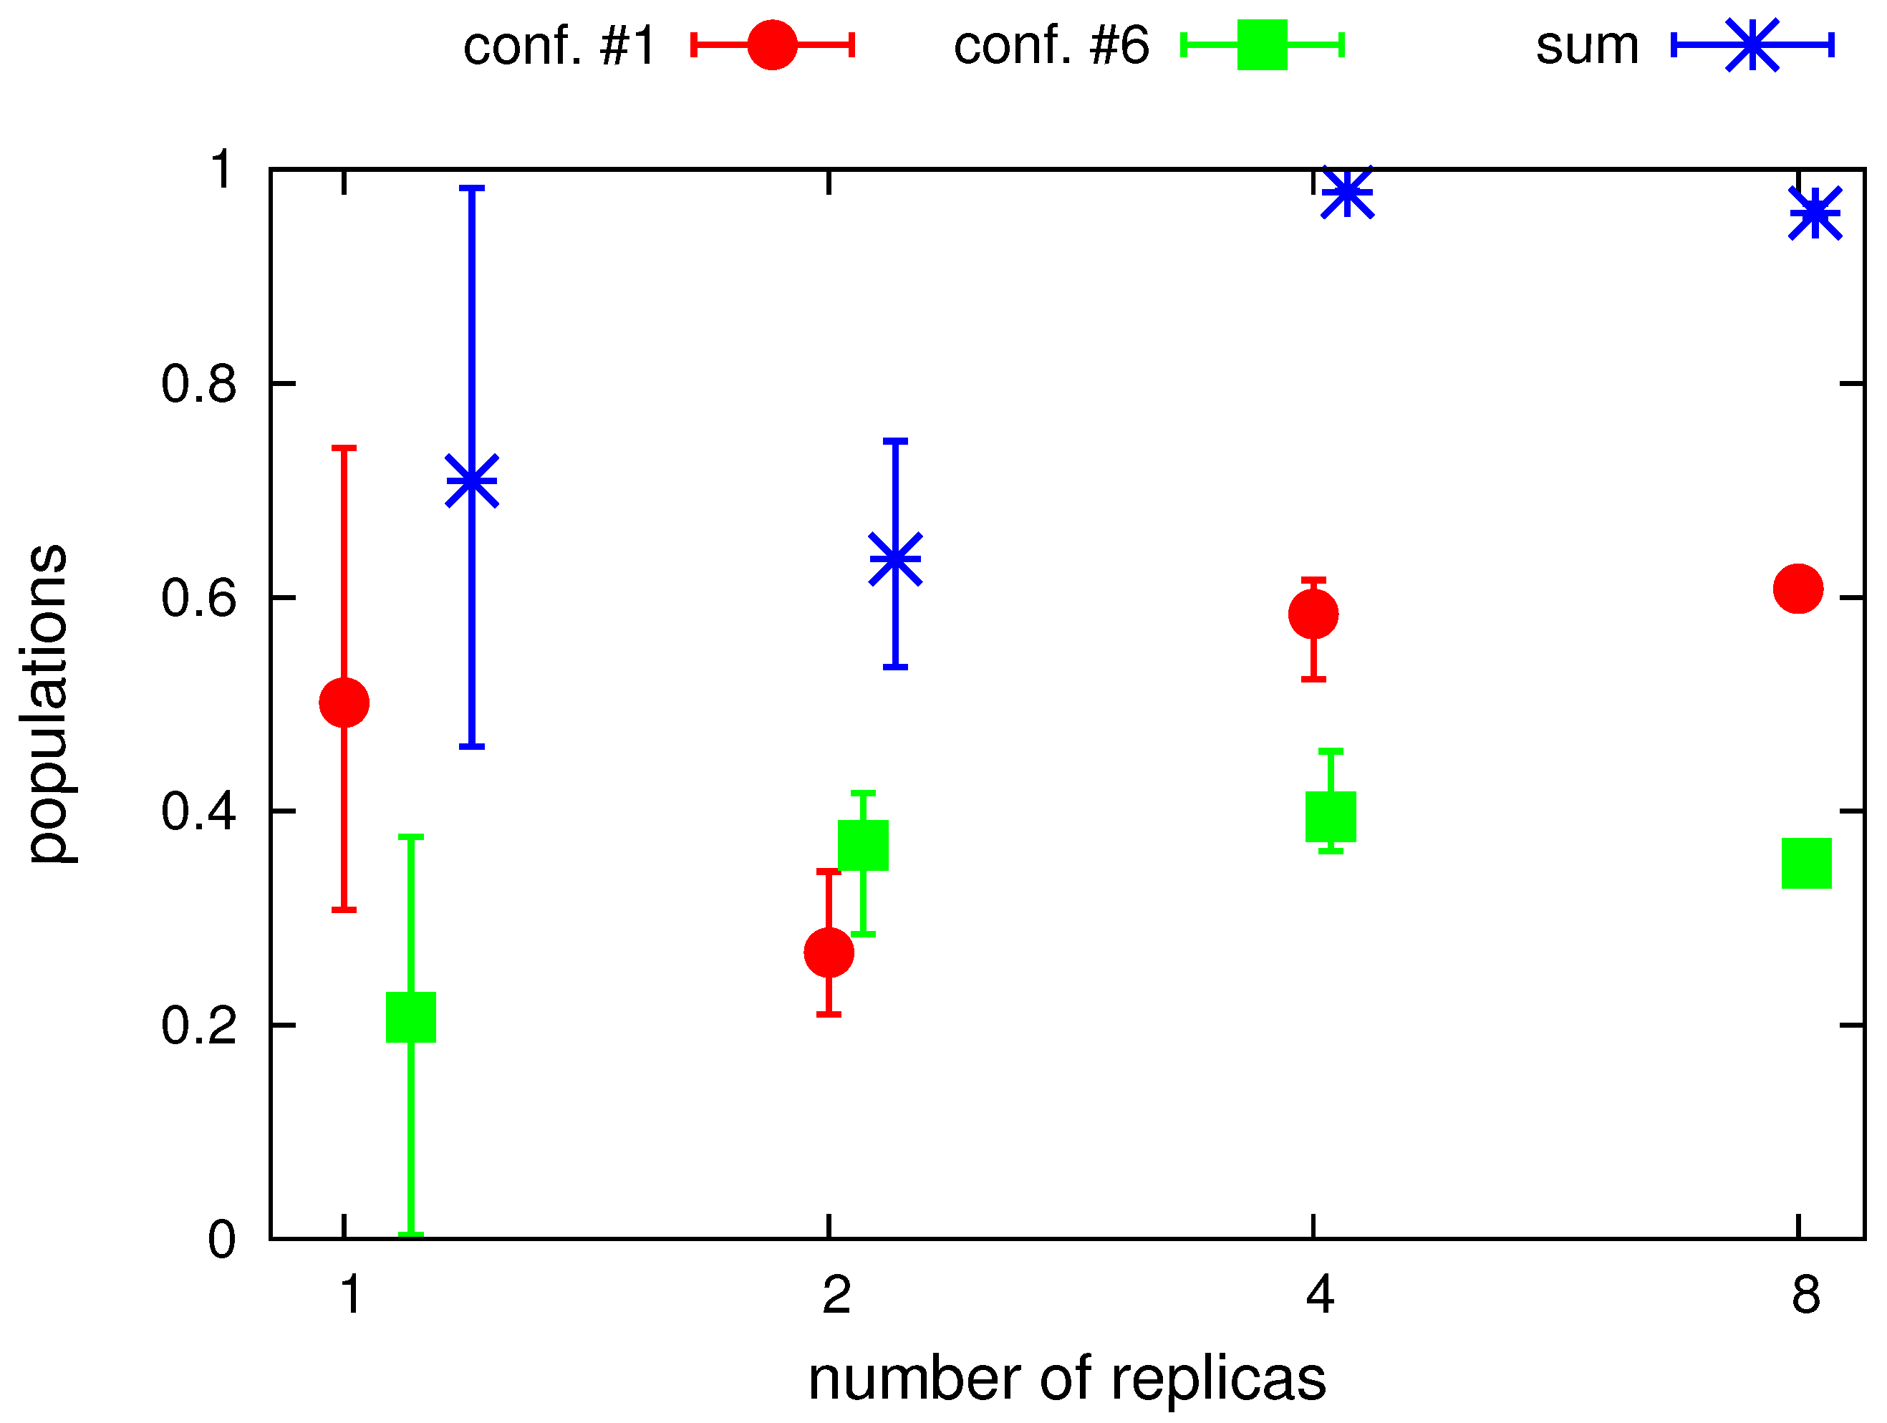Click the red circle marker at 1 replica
point(344,703)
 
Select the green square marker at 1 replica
point(411,1017)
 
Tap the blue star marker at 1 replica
point(472,481)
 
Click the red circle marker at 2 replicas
point(829,952)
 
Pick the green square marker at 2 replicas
point(864,846)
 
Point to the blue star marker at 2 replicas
point(896,559)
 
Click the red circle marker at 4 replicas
point(1313,614)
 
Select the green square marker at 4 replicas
point(1331,816)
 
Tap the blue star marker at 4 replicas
point(1348,192)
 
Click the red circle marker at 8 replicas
point(1798,588)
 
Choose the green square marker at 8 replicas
point(1807,862)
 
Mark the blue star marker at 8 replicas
point(1815,213)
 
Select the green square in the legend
point(1263,45)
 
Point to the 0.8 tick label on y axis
point(198,384)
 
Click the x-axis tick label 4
point(1320,1294)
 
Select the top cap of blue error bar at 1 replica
point(472,188)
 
